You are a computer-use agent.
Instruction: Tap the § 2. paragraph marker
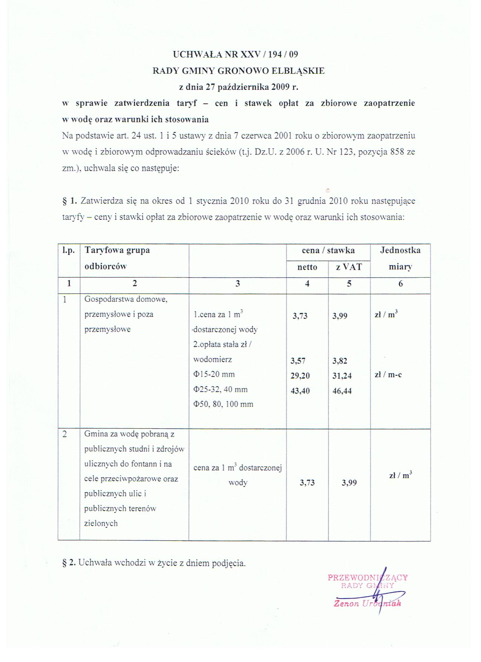click(69, 563)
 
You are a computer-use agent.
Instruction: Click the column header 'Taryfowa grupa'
click(117, 250)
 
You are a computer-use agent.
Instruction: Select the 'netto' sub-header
click(307, 267)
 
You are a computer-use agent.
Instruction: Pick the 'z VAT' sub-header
click(349, 267)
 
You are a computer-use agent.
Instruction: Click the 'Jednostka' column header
click(400, 250)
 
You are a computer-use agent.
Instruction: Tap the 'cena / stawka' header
click(328, 250)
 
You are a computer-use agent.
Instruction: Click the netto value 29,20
click(300, 376)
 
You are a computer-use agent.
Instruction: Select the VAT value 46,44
click(342, 391)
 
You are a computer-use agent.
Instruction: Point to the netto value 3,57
click(298, 361)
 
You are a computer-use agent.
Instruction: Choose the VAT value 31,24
click(342, 376)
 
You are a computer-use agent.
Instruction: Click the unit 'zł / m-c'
click(388, 375)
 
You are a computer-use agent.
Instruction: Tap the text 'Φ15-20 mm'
click(214, 374)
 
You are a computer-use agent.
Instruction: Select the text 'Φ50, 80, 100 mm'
click(223, 404)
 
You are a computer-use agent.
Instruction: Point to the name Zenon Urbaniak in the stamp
click(367, 603)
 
